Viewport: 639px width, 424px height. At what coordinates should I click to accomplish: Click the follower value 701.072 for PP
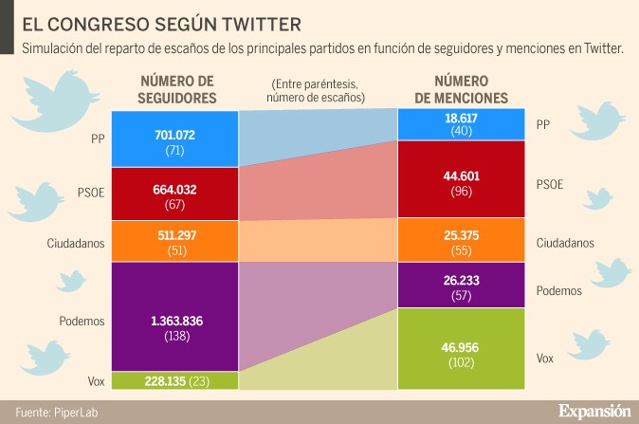coord(174,135)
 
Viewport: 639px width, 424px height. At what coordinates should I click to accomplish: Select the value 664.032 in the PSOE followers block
coord(174,189)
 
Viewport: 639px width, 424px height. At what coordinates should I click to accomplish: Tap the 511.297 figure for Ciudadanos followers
coord(174,234)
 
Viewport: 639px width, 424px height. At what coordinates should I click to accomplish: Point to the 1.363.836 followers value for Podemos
coord(174,319)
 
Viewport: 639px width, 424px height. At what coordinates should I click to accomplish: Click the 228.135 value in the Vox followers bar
coord(162,380)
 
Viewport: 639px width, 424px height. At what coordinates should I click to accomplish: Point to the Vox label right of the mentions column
coord(545,359)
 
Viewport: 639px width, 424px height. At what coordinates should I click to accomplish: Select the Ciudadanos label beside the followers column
coord(74,242)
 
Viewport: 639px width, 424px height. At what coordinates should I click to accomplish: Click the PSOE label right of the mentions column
coord(550,184)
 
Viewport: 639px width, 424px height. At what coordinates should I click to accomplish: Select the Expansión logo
coord(593,411)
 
